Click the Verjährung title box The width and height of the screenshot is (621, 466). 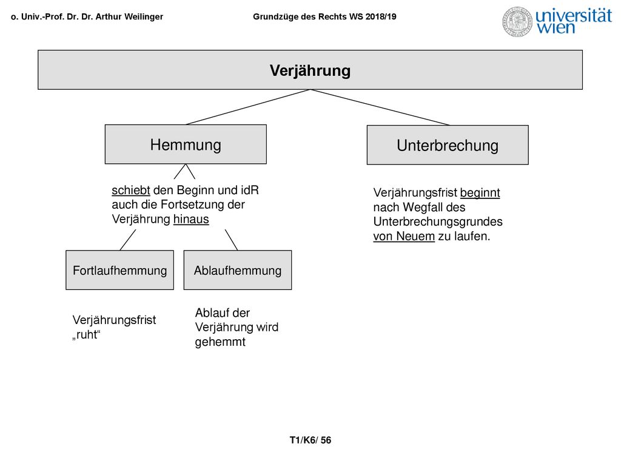310,70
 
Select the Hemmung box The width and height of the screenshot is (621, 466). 186,144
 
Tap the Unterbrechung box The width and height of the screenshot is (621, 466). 448,145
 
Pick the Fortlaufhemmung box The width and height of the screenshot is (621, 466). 119,270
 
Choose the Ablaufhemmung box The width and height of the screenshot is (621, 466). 238,270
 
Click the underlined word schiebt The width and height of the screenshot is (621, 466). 131,191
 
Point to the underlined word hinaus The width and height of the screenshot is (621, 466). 191,219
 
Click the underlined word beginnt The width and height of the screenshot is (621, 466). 480,193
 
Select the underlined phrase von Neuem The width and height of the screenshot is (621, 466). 404,236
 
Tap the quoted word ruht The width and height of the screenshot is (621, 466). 86,335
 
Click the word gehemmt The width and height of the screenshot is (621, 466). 220,342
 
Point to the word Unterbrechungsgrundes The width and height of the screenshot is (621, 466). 438,221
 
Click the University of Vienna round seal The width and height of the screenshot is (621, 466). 518,22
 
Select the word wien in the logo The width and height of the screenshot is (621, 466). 556,27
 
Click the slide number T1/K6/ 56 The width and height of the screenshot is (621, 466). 310,441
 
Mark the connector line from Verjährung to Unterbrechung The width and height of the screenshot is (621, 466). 380,107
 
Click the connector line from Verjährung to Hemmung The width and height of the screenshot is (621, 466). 248,107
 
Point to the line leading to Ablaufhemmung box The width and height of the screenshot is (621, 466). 231,240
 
